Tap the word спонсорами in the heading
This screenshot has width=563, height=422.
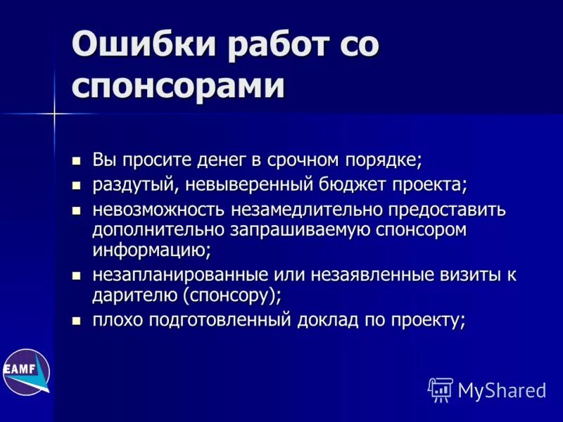point(179,88)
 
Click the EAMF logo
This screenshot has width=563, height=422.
point(25,370)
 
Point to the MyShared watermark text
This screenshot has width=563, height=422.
point(502,390)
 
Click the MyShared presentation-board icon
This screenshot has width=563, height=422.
point(441,389)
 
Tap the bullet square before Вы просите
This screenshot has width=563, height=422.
point(77,160)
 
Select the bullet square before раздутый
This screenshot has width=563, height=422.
point(77,186)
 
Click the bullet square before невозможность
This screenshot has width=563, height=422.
point(77,211)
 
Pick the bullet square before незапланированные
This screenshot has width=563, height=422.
point(77,275)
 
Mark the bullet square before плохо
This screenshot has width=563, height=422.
point(77,321)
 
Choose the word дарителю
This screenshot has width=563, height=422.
point(134,294)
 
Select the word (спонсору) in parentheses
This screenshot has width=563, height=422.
point(232,294)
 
